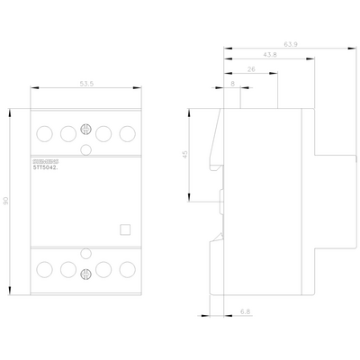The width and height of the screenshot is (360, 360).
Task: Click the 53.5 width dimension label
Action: pos(86,83)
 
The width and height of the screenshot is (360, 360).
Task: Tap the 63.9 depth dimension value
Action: pos(290,43)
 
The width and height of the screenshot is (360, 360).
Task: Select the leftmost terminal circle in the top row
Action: pos(44,132)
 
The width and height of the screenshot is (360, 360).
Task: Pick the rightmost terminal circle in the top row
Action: pos(127,132)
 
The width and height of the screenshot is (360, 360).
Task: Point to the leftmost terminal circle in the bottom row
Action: pos(44,268)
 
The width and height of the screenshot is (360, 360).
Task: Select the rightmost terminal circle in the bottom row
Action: pos(127,268)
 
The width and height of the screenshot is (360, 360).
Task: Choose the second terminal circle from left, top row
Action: pos(67,132)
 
